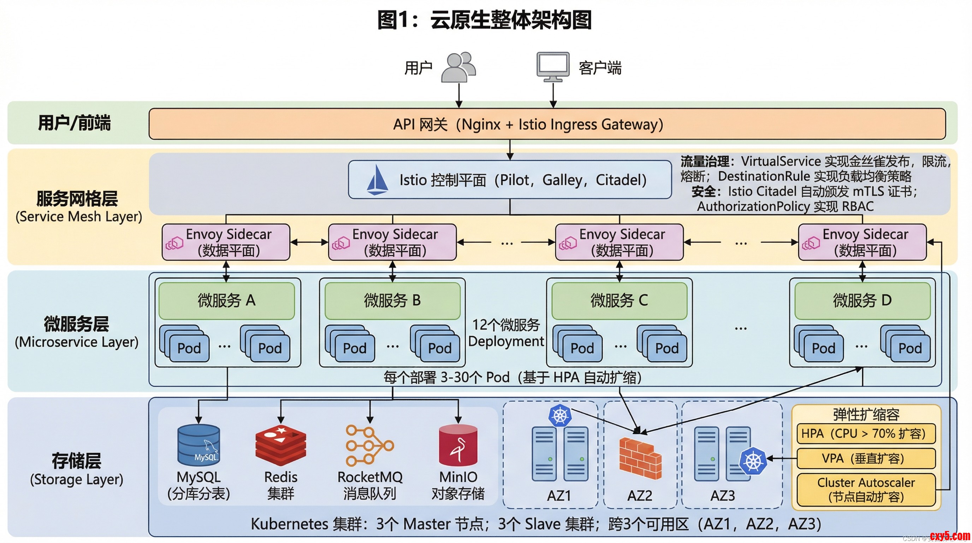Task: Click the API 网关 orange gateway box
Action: tap(547, 124)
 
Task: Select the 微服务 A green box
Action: tap(226, 300)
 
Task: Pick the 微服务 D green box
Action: tap(862, 300)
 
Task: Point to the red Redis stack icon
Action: tap(281, 445)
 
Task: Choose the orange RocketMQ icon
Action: tap(369, 445)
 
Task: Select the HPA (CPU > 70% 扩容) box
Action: tap(866, 433)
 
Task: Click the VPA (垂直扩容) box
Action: tap(866, 459)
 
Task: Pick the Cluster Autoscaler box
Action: tap(866, 489)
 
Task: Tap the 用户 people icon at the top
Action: tap(458, 67)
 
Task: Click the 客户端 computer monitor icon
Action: tap(553, 66)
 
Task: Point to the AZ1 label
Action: tap(559, 495)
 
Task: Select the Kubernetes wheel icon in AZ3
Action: tap(753, 461)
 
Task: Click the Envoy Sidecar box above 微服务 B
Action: tap(392, 242)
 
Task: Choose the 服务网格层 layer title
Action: tap(77, 199)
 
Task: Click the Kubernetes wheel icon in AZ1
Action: tap(560, 416)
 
